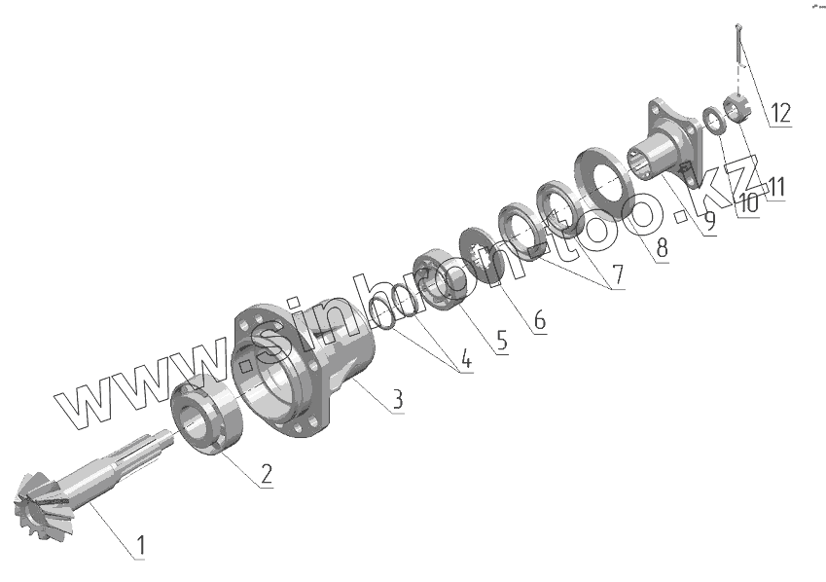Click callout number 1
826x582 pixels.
point(139,546)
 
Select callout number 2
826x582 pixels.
point(266,474)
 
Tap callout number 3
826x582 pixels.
point(397,399)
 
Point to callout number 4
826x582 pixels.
point(466,360)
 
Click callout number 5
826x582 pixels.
point(501,341)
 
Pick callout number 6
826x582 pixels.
point(539,320)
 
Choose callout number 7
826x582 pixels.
point(618,275)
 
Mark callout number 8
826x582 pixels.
point(662,248)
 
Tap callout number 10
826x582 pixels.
point(747,203)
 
